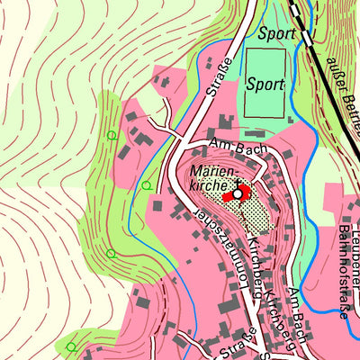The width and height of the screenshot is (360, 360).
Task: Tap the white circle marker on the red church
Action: click(x=238, y=193)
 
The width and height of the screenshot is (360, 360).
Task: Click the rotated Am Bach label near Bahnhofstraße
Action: click(x=299, y=315)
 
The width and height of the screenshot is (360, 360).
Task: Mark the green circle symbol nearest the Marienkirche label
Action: click(x=146, y=185)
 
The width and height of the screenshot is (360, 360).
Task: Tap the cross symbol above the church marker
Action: click(x=237, y=181)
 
